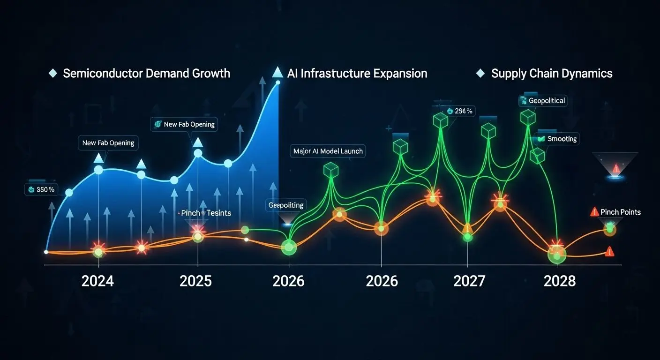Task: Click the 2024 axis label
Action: coord(97,281)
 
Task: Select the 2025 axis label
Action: coord(195,281)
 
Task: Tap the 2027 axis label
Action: coord(469,281)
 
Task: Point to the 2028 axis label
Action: coord(559,281)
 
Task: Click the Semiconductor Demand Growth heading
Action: coord(146,74)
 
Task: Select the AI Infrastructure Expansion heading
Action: coord(358,74)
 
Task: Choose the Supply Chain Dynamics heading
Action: coord(552,74)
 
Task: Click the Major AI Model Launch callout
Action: coord(328,151)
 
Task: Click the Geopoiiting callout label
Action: coord(285,205)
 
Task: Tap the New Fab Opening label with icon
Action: coord(184,124)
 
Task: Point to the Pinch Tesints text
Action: coord(206,213)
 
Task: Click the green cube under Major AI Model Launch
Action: coord(331,170)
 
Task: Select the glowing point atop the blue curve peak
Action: coord(278,83)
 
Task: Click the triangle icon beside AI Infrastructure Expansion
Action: coord(277,72)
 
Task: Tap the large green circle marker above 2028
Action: coord(557,255)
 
